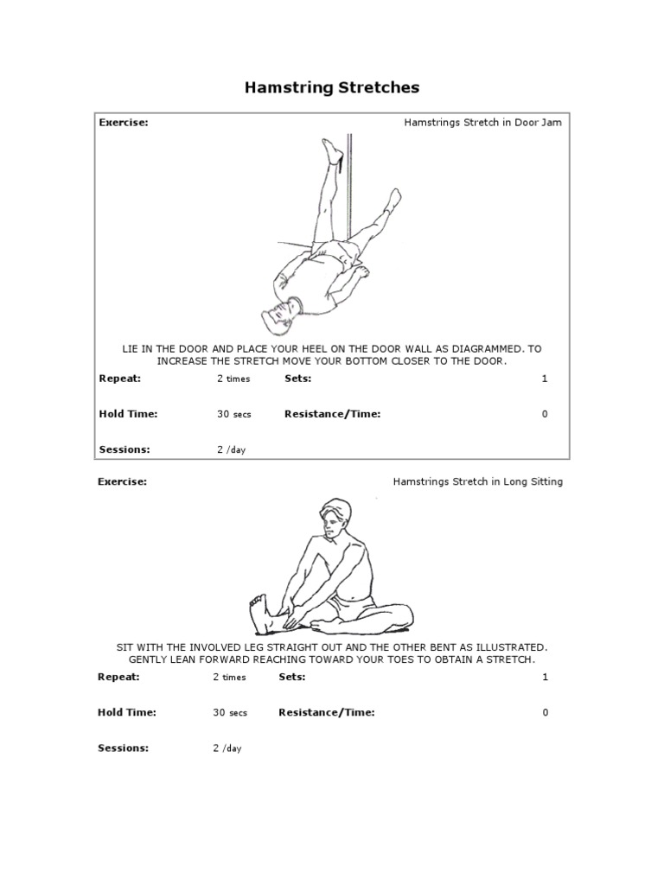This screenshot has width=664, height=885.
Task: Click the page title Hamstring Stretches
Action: click(x=332, y=87)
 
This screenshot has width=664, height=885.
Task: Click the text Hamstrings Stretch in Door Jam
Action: click(x=482, y=123)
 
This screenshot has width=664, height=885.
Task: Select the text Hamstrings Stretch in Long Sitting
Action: click(x=477, y=482)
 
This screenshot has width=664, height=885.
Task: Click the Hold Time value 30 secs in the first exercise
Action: click(x=233, y=415)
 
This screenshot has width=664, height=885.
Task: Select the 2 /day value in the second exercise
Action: click(x=227, y=749)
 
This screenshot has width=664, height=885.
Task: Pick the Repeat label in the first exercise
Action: click(x=119, y=379)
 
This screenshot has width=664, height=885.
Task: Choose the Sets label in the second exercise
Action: click(x=292, y=678)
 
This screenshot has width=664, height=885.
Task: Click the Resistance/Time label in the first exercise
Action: click(x=332, y=414)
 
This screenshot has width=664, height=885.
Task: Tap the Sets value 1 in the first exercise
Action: click(x=545, y=379)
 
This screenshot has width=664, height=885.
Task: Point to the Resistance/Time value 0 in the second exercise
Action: click(x=545, y=713)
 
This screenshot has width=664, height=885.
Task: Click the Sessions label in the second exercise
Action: click(x=123, y=748)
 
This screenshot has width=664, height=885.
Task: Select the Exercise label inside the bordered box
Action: click(x=124, y=123)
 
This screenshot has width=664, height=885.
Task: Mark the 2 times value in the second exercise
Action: click(x=229, y=678)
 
